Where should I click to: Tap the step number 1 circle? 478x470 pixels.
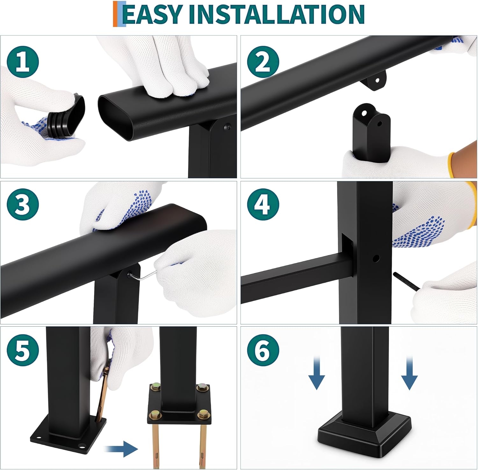(23, 62)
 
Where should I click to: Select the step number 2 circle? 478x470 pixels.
(263, 62)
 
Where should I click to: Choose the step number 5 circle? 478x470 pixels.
(23, 350)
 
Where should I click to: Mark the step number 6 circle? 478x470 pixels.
(263, 350)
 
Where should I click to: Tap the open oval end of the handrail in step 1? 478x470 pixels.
(115, 117)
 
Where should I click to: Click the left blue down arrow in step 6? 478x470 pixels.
(316, 373)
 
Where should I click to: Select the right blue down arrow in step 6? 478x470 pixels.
(409, 373)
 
